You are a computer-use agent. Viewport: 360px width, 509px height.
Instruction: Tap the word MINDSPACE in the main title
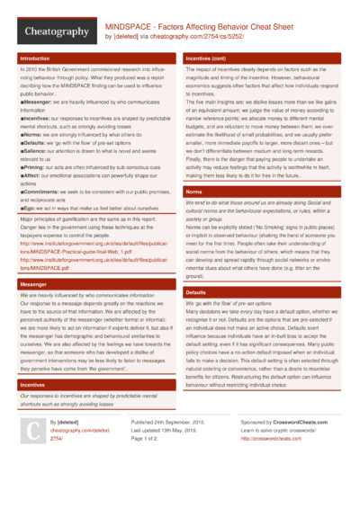131,27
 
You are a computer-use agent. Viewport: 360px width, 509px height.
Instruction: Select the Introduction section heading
35,58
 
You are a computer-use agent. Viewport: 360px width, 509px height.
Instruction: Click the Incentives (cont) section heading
211,58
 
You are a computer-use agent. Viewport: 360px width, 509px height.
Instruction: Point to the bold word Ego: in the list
31,206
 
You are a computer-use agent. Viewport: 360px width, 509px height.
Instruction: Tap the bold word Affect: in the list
35,174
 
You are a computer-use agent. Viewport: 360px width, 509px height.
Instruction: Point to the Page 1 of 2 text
149,464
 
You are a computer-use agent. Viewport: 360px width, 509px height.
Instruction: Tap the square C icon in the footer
32,458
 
